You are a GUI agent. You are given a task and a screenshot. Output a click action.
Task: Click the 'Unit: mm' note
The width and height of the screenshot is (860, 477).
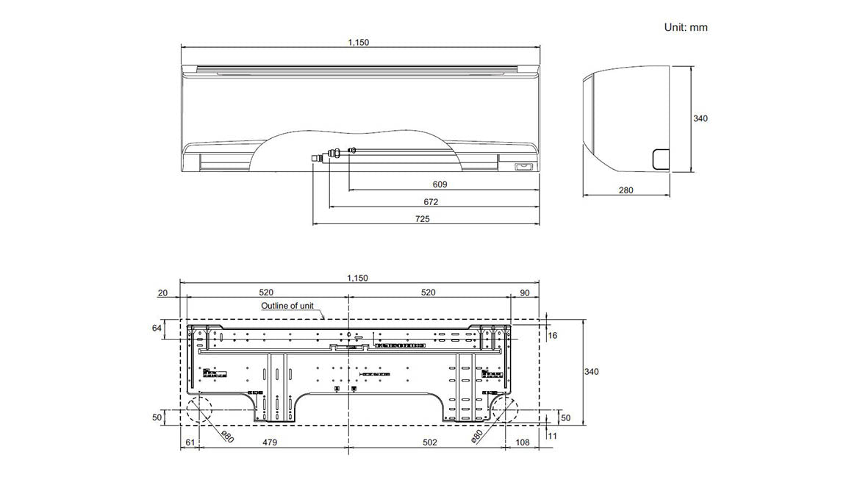685,27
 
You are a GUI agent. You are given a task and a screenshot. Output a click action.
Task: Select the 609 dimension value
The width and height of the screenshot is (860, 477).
440,184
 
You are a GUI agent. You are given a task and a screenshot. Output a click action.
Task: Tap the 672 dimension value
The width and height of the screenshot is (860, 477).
431,201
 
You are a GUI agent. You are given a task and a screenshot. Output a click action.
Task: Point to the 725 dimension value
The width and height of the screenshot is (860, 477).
422,218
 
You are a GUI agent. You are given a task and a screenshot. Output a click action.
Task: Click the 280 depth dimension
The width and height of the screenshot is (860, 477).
626,190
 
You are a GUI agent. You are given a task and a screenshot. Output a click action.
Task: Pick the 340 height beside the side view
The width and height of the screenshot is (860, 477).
700,118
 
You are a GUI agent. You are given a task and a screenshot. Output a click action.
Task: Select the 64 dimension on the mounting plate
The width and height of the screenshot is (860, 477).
157,328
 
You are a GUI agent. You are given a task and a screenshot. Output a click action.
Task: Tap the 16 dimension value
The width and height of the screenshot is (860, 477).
553,335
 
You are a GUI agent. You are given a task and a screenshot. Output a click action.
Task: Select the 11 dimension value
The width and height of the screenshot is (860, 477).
552,436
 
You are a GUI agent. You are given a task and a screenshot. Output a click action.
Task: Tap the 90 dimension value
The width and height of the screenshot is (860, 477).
524,293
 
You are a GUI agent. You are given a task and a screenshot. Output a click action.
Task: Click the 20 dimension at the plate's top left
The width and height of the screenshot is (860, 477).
162,293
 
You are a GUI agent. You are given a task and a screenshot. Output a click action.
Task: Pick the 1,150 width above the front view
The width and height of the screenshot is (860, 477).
358,42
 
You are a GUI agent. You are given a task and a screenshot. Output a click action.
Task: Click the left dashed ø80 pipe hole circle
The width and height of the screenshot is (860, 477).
198,409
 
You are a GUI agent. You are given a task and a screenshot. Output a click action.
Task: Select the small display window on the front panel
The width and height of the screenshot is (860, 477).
523,167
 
